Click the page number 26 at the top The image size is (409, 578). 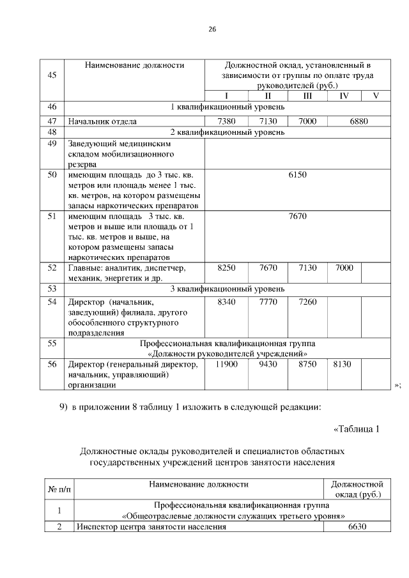pos(212,29)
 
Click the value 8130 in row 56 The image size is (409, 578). pos(344,364)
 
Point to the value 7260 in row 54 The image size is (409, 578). pos(307,301)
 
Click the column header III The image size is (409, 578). pos(307,96)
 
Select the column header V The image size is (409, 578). pos(376,96)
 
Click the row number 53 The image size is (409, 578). pos(52,289)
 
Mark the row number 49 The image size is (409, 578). pos(52,144)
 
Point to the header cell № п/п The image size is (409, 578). pos(60,489)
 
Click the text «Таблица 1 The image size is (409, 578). pos(357,429)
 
